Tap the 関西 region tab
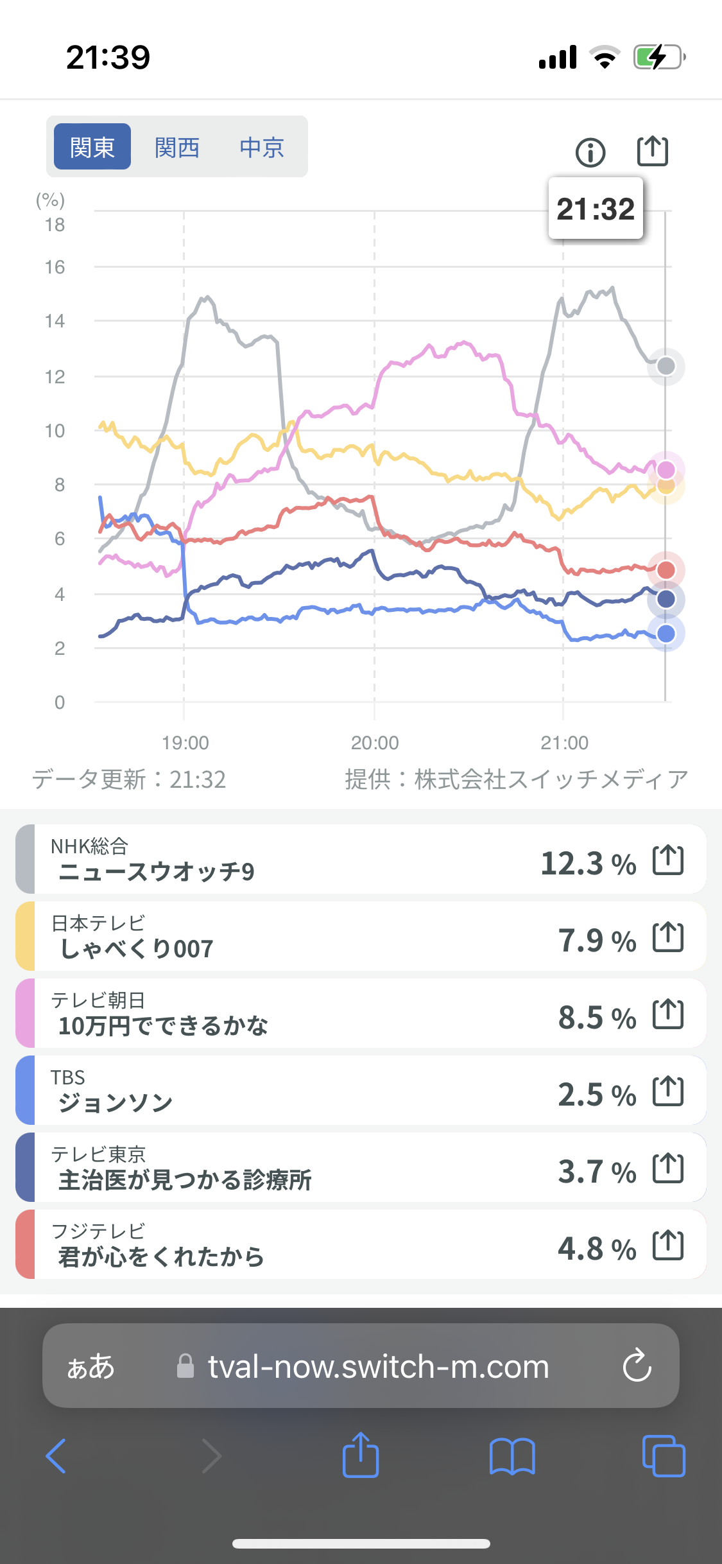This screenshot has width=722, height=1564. pyautogui.click(x=177, y=147)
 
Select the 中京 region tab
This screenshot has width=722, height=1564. pyautogui.click(x=262, y=147)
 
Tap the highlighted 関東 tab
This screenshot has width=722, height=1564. pyautogui.click(x=92, y=147)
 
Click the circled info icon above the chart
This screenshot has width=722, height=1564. pyautogui.click(x=590, y=153)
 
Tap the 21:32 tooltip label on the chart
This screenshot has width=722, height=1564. pyautogui.click(x=596, y=209)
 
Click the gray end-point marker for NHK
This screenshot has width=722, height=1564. pyautogui.click(x=666, y=366)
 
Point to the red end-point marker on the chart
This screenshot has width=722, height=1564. pyautogui.click(x=666, y=569)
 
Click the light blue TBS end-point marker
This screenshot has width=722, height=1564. pyautogui.click(x=666, y=634)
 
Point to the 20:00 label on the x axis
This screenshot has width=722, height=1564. pyautogui.click(x=375, y=743)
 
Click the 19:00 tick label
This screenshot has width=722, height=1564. pyautogui.click(x=185, y=743)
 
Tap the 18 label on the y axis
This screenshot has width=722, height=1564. pyautogui.click(x=55, y=225)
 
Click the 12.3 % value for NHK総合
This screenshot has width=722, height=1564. pyautogui.click(x=589, y=864)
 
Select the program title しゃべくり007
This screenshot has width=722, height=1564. pyautogui.click(x=137, y=948)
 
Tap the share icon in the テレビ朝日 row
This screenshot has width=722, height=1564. pyautogui.click(x=668, y=1014)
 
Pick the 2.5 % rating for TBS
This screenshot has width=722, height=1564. pyautogui.click(x=597, y=1095)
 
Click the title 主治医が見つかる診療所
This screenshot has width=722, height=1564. pyautogui.click(x=185, y=1179)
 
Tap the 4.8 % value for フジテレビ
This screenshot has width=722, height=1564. pyautogui.click(x=597, y=1249)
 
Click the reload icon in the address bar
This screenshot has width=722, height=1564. pyautogui.click(x=637, y=1365)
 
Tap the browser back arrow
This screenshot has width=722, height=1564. pyautogui.click(x=56, y=1455)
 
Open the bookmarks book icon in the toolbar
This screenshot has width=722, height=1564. pyautogui.click(x=512, y=1455)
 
